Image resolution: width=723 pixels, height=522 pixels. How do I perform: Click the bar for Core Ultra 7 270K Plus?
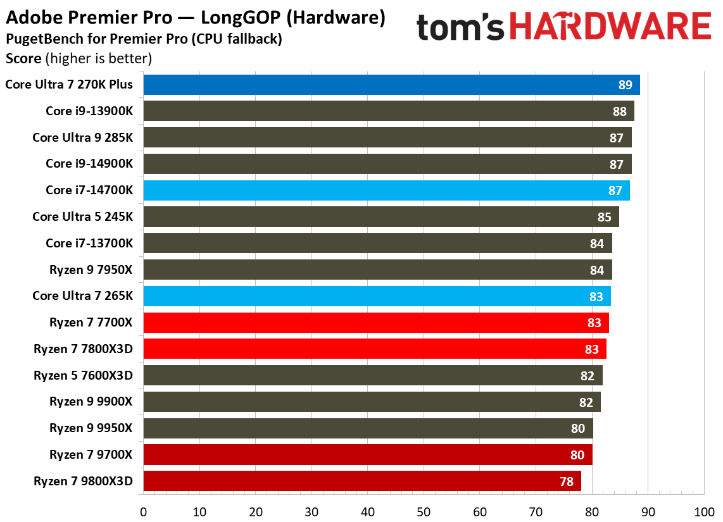[x=391, y=85]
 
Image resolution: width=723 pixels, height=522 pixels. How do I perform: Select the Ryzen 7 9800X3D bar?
[x=361, y=481]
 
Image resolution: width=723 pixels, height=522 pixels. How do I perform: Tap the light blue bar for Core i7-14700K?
[x=386, y=190]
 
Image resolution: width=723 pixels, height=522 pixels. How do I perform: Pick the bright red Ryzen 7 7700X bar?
[x=376, y=323]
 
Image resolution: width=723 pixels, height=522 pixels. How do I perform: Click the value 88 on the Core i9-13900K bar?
[x=619, y=111]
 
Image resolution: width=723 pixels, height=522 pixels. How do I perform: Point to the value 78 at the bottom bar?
[x=566, y=482]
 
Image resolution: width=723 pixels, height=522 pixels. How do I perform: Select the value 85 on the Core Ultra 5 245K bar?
[x=604, y=217]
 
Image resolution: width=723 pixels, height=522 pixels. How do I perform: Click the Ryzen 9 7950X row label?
[x=91, y=270]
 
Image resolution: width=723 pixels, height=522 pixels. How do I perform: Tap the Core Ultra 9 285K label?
[x=83, y=137]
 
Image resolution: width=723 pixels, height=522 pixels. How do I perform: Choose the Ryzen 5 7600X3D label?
[x=84, y=375]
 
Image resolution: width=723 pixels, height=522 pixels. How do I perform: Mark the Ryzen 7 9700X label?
[x=91, y=454]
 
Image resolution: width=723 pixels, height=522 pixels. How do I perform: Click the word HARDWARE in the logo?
[x=610, y=28]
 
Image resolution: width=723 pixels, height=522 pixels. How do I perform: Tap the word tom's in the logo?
[x=461, y=28]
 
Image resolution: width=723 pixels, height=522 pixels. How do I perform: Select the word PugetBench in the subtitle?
[x=37, y=39]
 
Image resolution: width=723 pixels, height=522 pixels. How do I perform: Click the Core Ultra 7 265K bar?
[x=377, y=296]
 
